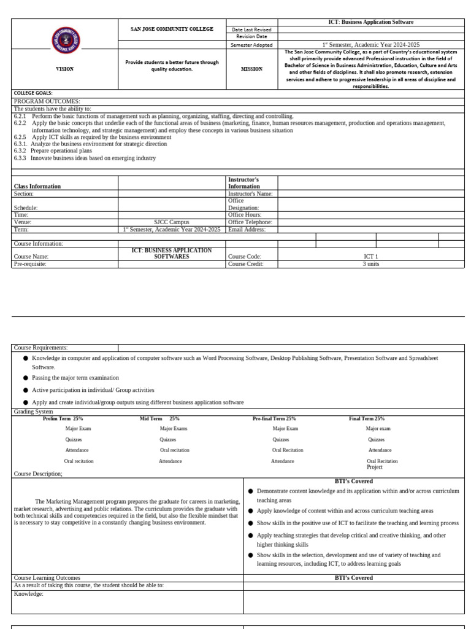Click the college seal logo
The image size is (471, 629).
(x=65, y=41)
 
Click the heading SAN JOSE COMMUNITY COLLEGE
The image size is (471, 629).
(x=172, y=29)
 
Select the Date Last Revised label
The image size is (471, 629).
(x=251, y=29)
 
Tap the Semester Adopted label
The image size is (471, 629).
(x=251, y=45)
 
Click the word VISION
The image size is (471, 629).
(x=64, y=69)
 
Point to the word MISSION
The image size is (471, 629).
(x=251, y=69)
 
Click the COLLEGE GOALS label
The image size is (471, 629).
(x=33, y=93)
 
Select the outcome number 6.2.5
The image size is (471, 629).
(x=20, y=137)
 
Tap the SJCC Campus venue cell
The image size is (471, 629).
(x=172, y=222)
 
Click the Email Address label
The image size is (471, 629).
(x=247, y=229)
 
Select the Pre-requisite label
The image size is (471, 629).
(x=30, y=264)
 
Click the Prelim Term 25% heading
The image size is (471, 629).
(x=63, y=418)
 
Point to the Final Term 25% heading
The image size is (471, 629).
(x=367, y=418)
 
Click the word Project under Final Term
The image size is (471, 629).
(x=374, y=467)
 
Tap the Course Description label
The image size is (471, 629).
(x=38, y=474)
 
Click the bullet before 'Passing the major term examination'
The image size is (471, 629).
(x=26, y=378)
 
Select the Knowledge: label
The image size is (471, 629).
(x=28, y=593)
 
